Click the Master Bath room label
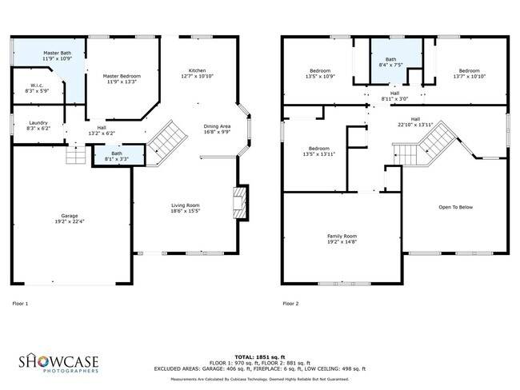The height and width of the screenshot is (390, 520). point(58,53)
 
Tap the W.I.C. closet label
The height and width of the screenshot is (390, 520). point(37,86)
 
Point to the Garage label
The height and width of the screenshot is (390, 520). point(70,216)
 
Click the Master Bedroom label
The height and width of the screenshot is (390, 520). point(122,76)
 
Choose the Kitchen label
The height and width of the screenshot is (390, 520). point(197,70)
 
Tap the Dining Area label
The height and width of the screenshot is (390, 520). point(217,125)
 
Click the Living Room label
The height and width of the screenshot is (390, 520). point(185,206)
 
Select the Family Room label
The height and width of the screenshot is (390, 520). point(342,236)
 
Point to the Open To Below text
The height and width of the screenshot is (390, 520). point(456,207)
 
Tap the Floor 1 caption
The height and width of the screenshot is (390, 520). point(21,304)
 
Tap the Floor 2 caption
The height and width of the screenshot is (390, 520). point(290,304)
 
